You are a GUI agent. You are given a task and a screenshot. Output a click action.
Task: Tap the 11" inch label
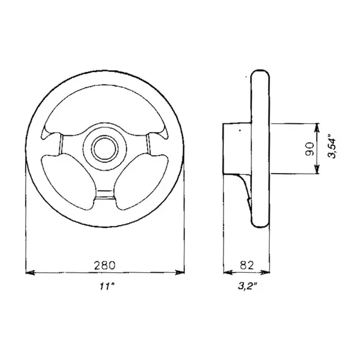(x=104, y=287)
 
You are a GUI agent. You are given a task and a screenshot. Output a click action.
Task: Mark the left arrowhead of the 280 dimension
(x=29, y=273)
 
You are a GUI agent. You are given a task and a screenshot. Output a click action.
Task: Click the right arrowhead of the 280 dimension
(x=181, y=273)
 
